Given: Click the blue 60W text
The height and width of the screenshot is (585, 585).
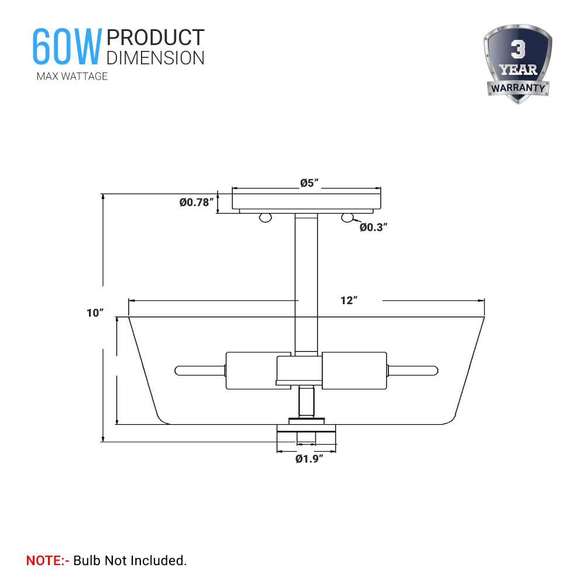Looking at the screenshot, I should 66,46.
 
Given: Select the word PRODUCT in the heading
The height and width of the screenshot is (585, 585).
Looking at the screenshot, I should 156,37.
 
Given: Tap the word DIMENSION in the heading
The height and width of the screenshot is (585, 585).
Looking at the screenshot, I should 156,57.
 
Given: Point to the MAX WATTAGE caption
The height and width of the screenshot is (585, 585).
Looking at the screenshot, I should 72,76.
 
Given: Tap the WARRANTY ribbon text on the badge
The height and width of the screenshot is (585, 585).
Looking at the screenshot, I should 517,88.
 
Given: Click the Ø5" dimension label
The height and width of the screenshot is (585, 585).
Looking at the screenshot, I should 308,183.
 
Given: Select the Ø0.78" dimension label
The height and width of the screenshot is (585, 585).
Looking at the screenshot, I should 196,202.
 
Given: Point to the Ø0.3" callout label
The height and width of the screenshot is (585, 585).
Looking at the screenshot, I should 374,227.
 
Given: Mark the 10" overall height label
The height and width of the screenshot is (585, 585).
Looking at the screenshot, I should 95,313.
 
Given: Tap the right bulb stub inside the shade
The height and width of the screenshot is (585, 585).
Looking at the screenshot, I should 412,370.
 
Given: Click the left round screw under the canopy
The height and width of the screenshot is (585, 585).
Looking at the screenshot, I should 266,218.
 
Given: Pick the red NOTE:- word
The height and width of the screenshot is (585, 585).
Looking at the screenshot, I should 48,560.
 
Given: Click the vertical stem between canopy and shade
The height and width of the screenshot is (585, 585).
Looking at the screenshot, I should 307,263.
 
